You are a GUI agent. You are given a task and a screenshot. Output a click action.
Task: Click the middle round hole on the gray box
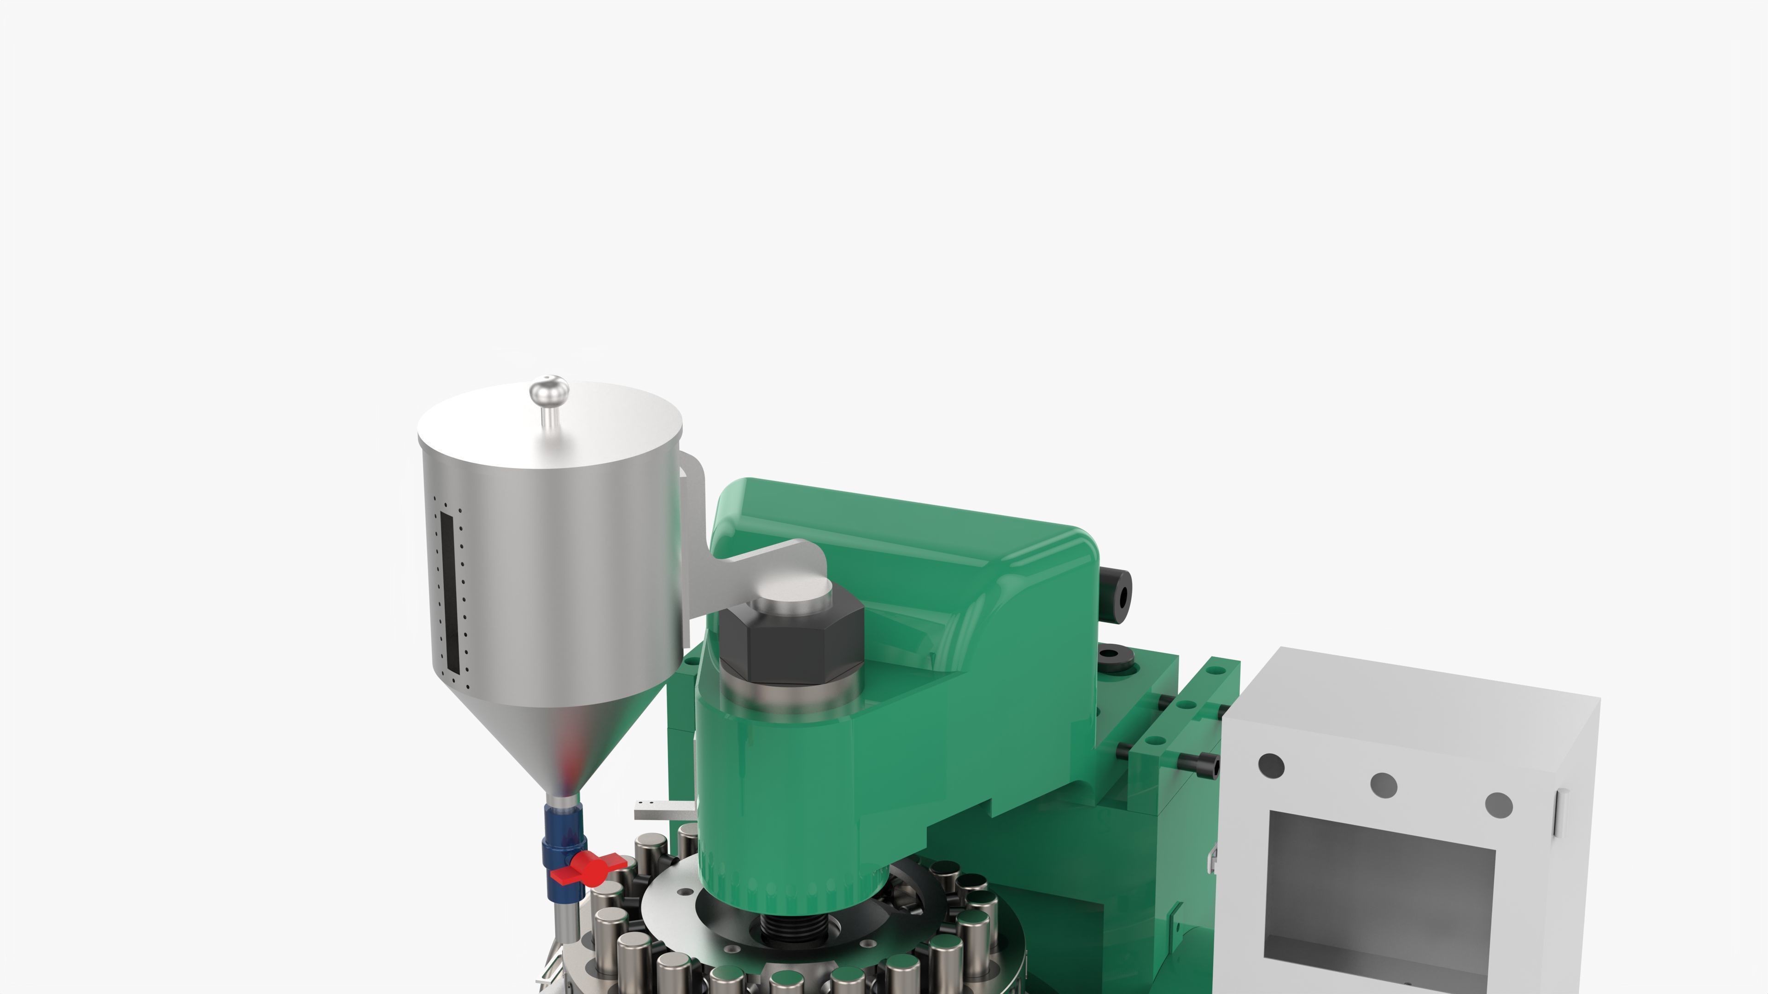pyautogui.click(x=1383, y=784)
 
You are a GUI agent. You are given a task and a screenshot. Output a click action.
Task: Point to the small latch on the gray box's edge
pyautogui.click(x=1558, y=813)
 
